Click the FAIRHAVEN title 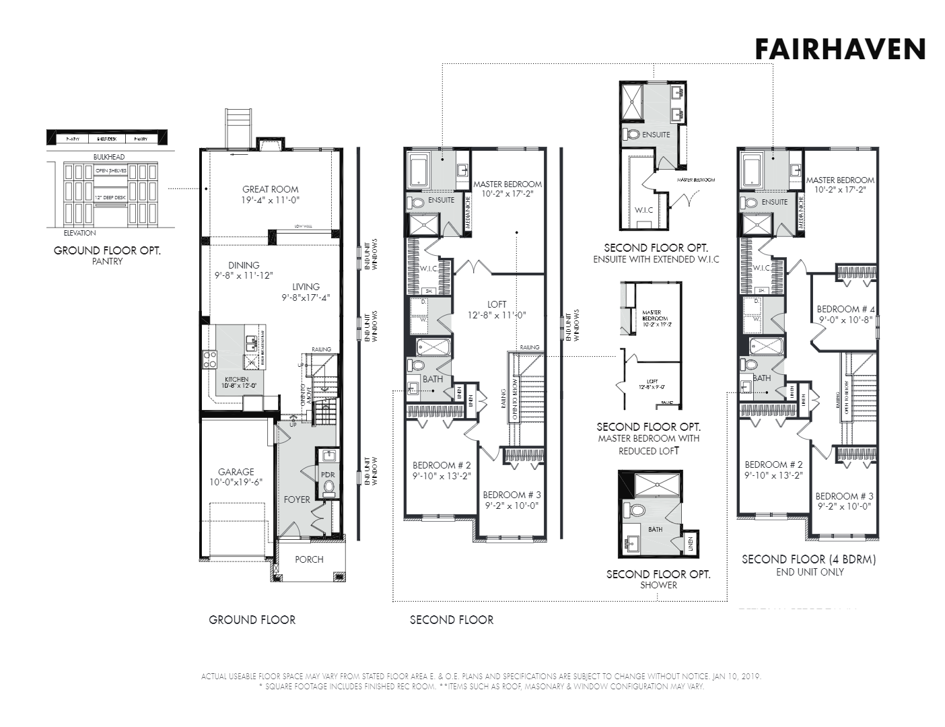pyautogui.click(x=840, y=49)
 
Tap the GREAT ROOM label pyautogui.click(x=271, y=189)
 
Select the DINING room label pyautogui.click(x=244, y=265)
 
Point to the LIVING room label pyautogui.click(x=306, y=287)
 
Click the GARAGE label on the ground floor pyautogui.click(x=236, y=472)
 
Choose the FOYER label pyautogui.click(x=297, y=499)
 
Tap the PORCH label pyautogui.click(x=309, y=559)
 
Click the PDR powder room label pyautogui.click(x=328, y=475)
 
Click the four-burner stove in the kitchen pyautogui.click(x=210, y=359)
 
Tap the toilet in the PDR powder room pyautogui.click(x=329, y=489)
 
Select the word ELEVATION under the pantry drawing pyautogui.click(x=79, y=233)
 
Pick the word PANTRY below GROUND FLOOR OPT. pyautogui.click(x=107, y=261)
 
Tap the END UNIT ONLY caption pyautogui.click(x=810, y=572)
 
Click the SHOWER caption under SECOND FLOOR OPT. pyautogui.click(x=658, y=586)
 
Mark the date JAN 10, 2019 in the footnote pyautogui.click(x=735, y=677)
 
